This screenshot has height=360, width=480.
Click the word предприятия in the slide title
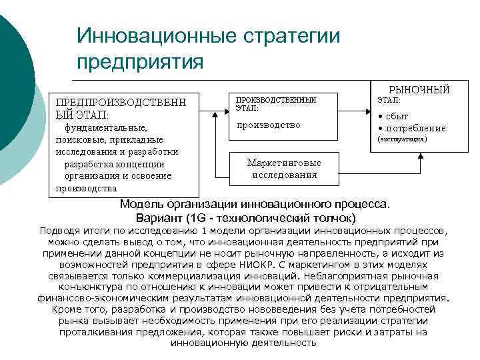point(139,62)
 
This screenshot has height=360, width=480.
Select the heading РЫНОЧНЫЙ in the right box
point(419,89)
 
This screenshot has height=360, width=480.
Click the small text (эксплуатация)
point(402,140)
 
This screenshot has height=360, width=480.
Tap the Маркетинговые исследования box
point(284,169)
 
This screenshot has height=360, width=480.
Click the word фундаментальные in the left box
point(105,127)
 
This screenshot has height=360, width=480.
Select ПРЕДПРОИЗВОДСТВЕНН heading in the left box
point(120,103)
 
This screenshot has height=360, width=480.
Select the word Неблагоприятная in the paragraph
point(382,275)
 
